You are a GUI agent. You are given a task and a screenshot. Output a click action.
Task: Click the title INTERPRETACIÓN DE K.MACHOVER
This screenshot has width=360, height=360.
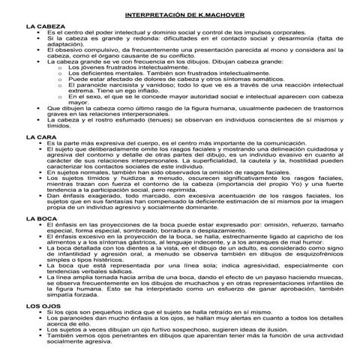179,13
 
